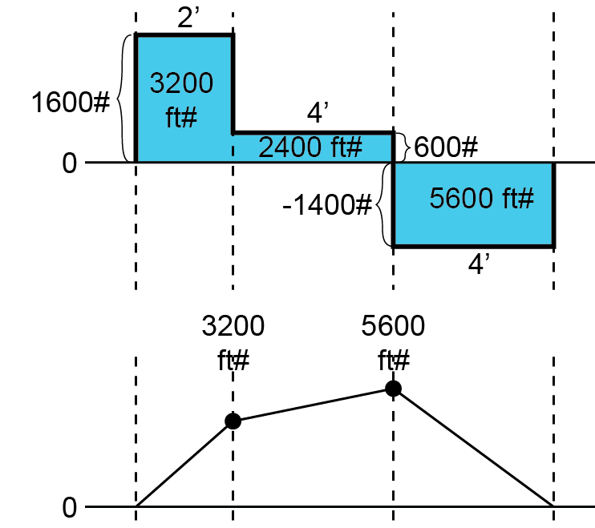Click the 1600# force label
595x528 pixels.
70,103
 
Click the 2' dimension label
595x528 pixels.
188,18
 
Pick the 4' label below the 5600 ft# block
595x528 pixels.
479,264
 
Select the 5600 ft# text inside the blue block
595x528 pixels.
481,198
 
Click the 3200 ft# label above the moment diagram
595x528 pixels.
233,343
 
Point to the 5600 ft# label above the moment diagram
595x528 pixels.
394,343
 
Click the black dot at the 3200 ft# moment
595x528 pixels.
233,421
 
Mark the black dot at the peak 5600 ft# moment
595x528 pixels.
393,389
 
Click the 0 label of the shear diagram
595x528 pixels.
69,163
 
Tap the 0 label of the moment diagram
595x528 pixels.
69,507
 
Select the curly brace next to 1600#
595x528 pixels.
123,99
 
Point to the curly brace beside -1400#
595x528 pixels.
384,204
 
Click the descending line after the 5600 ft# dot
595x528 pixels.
473,448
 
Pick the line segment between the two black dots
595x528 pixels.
313,405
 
